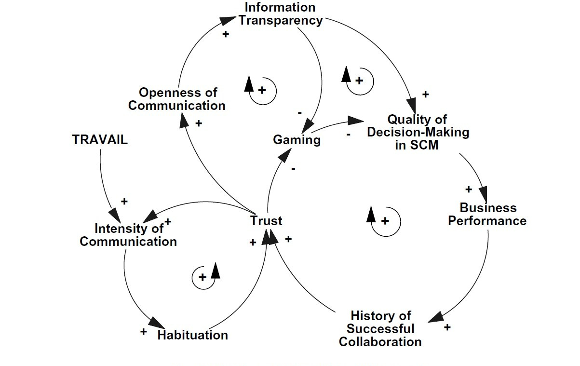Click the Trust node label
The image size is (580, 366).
click(266, 221)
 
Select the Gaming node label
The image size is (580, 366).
click(297, 140)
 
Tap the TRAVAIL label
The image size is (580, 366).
click(100, 140)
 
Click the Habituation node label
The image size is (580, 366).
click(193, 335)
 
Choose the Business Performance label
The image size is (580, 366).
click(487, 215)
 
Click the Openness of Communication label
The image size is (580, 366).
click(177, 99)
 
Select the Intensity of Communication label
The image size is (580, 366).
click(128, 235)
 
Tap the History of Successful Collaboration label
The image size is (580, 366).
click(380, 329)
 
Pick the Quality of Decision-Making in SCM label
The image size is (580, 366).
click(418, 132)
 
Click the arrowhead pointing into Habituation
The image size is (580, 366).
click(157, 323)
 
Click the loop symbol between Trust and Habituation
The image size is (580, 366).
click(206, 276)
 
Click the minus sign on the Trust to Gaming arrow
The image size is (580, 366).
click(294, 169)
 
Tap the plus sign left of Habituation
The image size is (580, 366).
click(143, 332)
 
